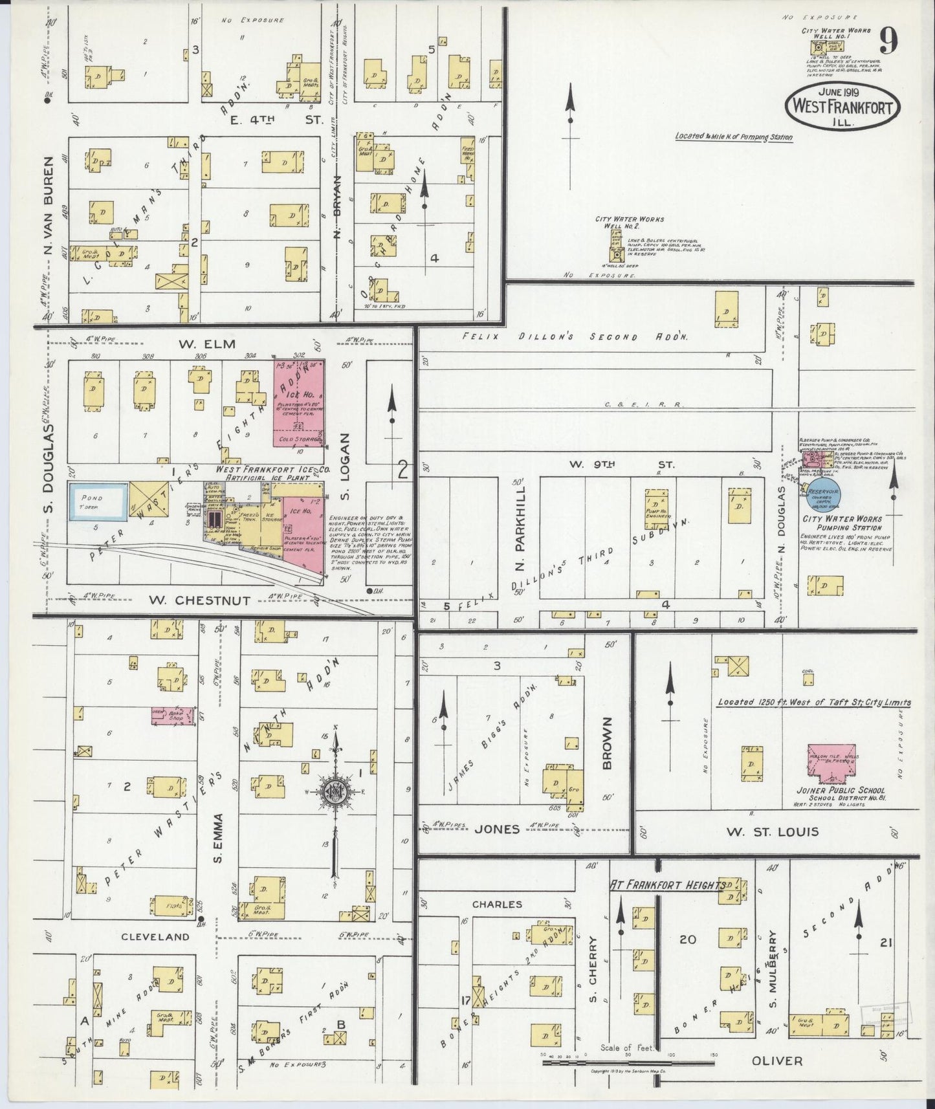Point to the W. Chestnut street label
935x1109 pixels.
(199, 600)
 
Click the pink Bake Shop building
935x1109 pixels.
(173, 716)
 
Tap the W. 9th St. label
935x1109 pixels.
(622, 464)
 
